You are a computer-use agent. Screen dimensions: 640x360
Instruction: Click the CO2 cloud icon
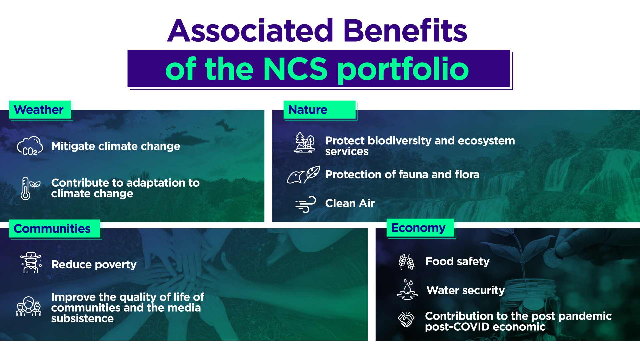click(30, 146)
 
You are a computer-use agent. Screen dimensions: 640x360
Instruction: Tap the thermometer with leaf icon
click(30, 188)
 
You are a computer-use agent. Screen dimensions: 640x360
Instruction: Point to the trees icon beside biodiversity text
click(304, 143)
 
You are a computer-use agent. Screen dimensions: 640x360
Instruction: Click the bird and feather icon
click(303, 175)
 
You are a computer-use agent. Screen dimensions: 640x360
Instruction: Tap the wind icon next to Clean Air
click(305, 204)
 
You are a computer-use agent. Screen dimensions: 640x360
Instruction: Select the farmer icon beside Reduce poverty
click(31, 263)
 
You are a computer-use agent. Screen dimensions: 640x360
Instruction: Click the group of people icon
click(29, 306)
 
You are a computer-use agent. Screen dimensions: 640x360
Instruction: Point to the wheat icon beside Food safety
click(406, 262)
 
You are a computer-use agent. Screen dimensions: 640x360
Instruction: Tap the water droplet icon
click(407, 289)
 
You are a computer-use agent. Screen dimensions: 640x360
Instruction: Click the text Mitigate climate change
click(116, 146)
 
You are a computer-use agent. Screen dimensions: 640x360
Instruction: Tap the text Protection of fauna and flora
click(402, 174)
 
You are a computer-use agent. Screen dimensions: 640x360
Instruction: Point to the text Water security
click(466, 290)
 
